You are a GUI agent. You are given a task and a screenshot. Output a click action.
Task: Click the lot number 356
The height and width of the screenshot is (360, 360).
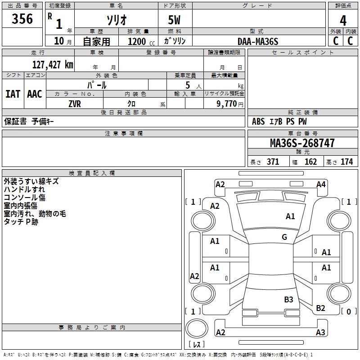pos(22,19)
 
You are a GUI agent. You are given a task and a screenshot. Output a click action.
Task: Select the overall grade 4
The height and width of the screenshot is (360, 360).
pos(343,21)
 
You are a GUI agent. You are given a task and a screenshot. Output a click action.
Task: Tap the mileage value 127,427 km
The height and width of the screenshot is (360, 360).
pos(53,65)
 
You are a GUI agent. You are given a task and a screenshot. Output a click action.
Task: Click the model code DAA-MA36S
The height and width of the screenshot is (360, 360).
pos(258,41)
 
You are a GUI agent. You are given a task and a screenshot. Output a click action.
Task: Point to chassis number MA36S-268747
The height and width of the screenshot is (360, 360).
pos(302,143)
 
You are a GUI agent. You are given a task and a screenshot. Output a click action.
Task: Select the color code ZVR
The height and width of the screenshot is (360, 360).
pos(75,104)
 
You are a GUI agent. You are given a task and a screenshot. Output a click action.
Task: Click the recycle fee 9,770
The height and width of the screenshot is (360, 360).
pos(227,104)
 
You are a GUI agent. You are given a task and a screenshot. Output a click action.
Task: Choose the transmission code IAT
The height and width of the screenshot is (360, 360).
pos(13,94)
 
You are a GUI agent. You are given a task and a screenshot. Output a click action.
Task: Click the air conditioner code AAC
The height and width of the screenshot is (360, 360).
pos(35,94)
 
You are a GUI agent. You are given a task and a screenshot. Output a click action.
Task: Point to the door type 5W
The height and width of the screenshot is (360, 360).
pos(174,20)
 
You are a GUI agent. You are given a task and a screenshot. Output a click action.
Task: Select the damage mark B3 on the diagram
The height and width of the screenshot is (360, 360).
pos(288,300)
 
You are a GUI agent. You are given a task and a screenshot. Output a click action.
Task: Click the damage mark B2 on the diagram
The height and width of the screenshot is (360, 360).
pos(320,308)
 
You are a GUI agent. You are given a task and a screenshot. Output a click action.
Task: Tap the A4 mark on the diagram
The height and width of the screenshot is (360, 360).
pos(321,184)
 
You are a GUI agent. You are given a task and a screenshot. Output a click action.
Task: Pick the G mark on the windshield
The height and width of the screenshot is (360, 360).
pos(284,237)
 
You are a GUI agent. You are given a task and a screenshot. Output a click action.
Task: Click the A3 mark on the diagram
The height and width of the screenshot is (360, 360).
pos(320,332)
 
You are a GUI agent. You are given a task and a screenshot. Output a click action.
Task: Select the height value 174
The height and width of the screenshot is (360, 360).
pos(346,162)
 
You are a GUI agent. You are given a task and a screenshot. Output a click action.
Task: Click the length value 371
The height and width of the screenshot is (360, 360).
pos(273,162)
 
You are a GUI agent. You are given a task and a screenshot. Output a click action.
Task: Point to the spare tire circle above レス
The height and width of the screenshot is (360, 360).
pos(197,328)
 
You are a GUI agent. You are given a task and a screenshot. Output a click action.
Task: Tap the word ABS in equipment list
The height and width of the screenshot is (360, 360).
pos(258,121)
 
